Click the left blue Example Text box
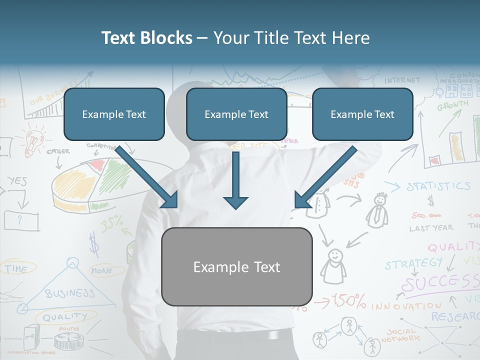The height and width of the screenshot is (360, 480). click(x=114, y=114)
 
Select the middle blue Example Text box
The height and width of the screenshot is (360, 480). click(x=236, y=114)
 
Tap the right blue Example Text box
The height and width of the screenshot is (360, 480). click(x=362, y=114)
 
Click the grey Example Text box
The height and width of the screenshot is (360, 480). click(x=236, y=266)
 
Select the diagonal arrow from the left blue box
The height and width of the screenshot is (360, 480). click(x=147, y=177)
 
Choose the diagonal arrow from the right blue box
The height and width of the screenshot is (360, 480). click(x=324, y=177)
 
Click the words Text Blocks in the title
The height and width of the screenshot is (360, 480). click(x=146, y=38)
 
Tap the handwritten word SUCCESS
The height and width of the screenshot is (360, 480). click(x=440, y=283)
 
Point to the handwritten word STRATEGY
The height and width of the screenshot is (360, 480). click(x=413, y=263)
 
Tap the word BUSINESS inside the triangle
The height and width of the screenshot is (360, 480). click(x=69, y=293)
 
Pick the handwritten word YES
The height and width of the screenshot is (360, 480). click(x=18, y=181)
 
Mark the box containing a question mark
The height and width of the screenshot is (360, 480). click(x=21, y=220)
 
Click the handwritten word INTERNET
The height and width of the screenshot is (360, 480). click(x=402, y=80)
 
